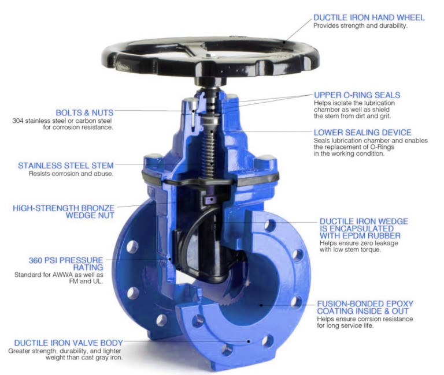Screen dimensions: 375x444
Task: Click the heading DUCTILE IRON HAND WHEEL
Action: [369, 17]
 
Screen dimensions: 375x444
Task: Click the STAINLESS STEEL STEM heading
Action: [66, 166]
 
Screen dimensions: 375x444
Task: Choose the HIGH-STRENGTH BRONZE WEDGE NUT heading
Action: [64, 212]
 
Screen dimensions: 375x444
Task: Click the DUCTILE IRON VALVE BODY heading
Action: [64, 343]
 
